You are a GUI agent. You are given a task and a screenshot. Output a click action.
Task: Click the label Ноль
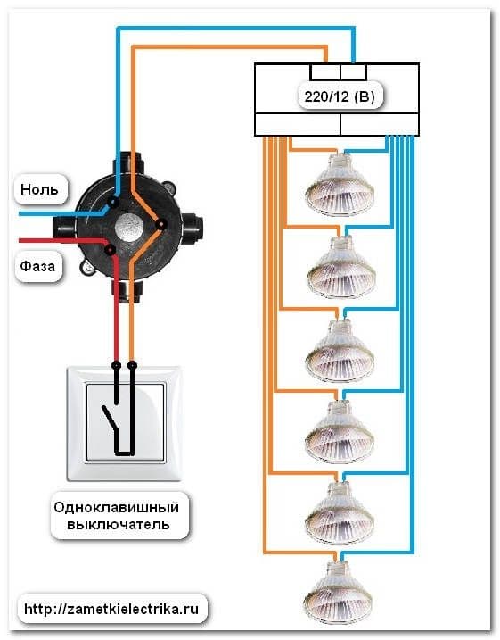click(x=39, y=189)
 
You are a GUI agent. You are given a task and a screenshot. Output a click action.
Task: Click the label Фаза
click(x=37, y=266)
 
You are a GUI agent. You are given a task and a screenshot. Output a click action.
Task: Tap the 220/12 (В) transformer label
click(x=339, y=96)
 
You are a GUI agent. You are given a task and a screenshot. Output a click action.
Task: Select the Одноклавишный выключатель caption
click(x=117, y=516)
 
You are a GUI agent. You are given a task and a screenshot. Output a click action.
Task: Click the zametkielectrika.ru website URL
click(x=111, y=610)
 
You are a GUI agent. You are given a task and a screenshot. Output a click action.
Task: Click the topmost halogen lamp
click(x=340, y=185)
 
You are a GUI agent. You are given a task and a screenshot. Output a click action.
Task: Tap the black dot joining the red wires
click(x=110, y=249)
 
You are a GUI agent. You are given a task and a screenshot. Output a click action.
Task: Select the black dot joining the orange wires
click(x=162, y=224)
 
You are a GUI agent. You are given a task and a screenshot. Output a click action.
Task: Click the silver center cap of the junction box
click(x=128, y=227)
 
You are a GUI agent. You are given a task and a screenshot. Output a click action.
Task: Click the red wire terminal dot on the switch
click(x=117, y=364)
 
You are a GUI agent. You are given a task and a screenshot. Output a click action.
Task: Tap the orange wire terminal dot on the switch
click(x=132, y=364)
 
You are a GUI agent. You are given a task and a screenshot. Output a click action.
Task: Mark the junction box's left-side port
click(x=64, y=229)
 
